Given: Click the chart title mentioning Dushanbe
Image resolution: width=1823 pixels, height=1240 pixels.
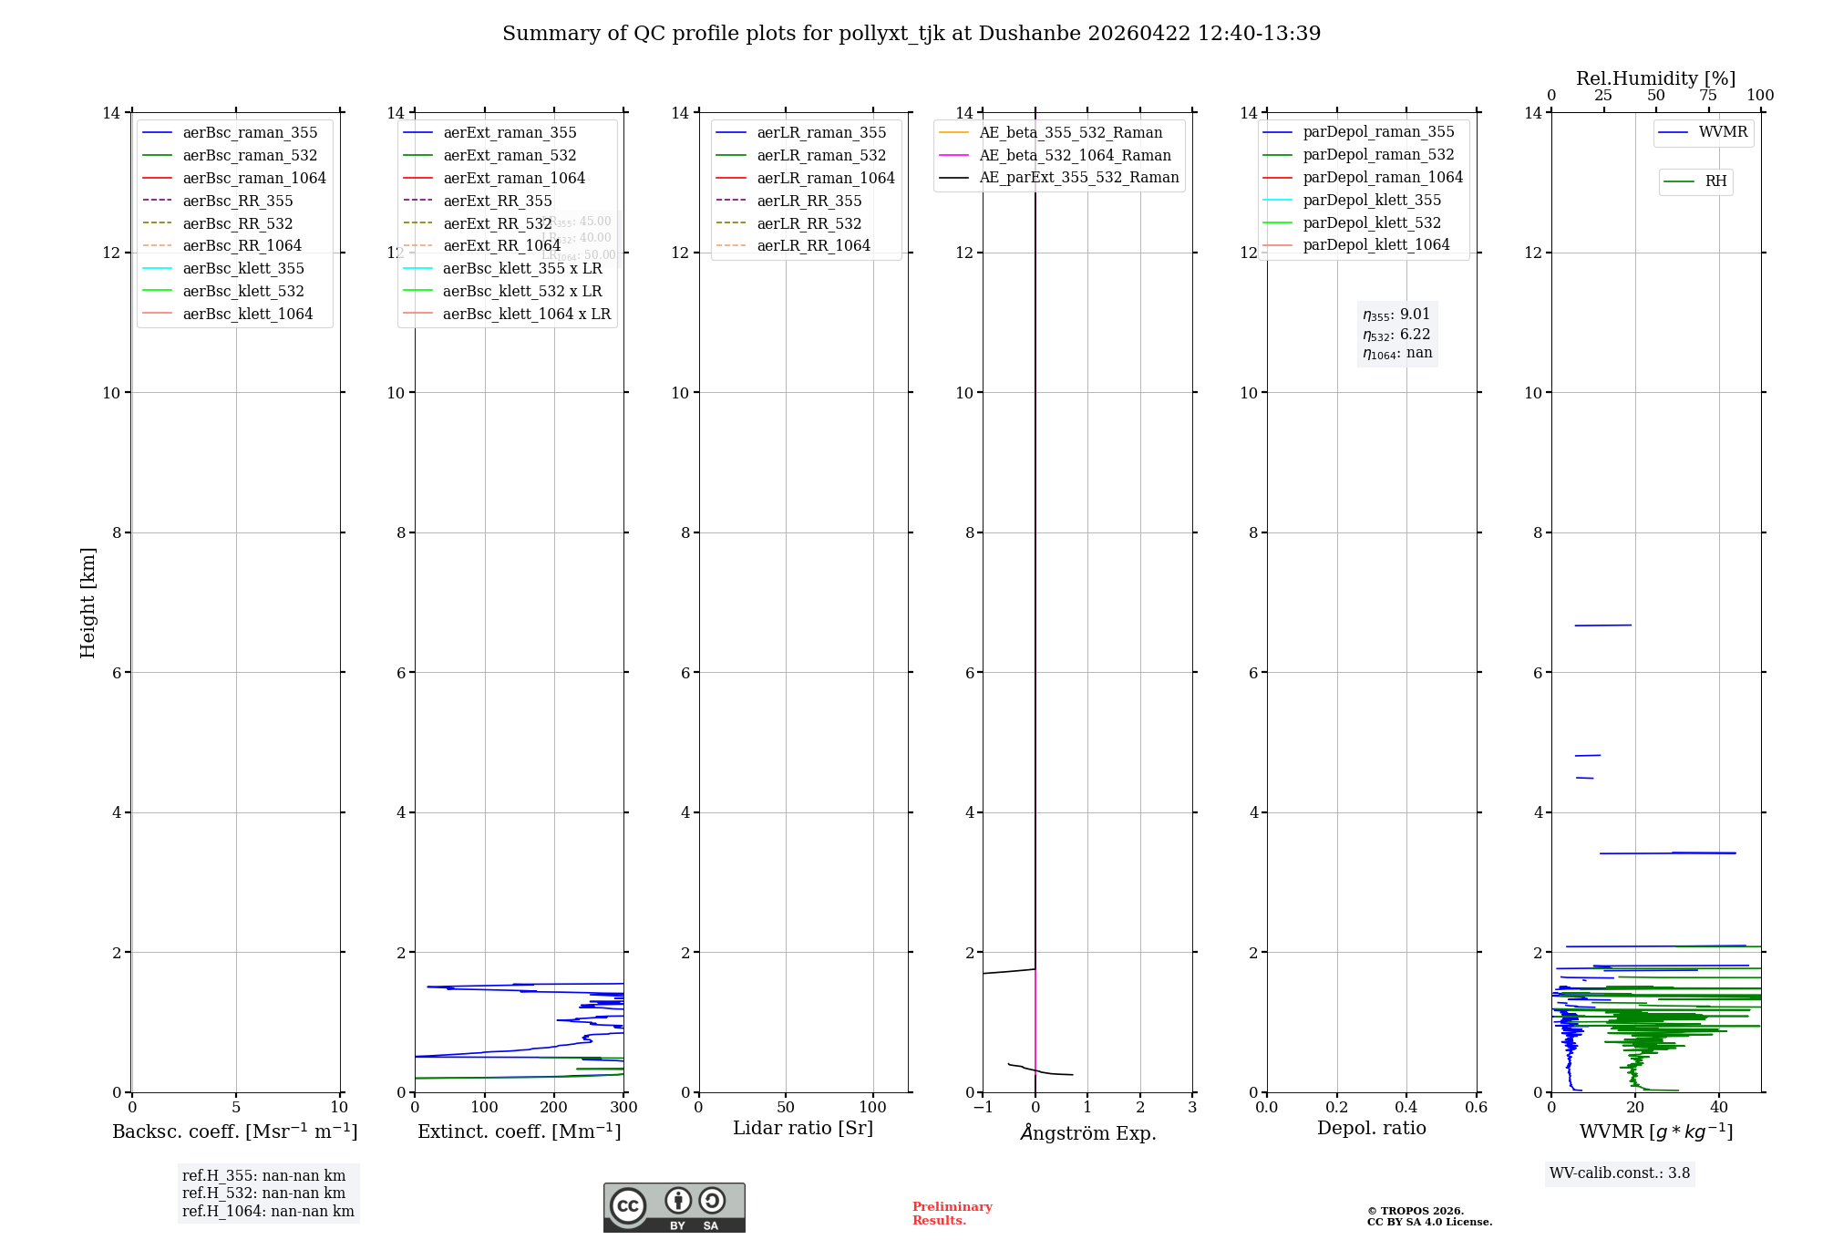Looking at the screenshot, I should click(x=911, y=34).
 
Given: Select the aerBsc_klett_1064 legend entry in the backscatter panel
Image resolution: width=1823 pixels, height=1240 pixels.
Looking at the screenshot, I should click(x=247, y=314).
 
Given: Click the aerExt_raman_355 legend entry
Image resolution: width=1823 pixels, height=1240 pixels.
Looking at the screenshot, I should click(x=510, y=133).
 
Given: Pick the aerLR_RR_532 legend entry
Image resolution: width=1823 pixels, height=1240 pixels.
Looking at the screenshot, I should click(x=809, y=223).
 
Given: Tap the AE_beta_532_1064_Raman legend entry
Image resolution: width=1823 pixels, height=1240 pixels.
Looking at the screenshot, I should click(x=1075, y=155).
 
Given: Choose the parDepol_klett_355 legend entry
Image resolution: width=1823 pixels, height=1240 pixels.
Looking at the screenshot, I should click(x=1372, y=200).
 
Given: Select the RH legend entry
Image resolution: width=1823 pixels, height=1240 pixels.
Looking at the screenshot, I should click(x=1715, y=181).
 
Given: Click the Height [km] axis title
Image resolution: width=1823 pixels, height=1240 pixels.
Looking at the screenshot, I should click(x=88, y=603).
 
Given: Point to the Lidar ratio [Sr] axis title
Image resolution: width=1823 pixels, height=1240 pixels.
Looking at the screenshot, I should click(x=803, y=1128).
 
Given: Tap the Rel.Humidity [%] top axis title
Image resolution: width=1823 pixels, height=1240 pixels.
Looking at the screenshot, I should click(x=1655, y=78).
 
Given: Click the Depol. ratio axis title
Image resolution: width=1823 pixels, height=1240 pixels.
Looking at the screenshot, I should click(x=1371, y=1128).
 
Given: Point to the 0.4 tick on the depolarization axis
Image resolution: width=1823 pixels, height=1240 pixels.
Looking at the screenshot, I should click(x=1406, y=1107).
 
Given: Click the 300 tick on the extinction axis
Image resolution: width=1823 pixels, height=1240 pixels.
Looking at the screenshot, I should click(x=623, y=1107).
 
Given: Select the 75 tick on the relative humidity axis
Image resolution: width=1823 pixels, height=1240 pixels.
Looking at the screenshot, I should click(x=1708, y=96).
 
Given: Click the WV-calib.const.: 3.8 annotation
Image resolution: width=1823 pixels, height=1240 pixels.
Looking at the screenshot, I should click(x=1620, y=1173).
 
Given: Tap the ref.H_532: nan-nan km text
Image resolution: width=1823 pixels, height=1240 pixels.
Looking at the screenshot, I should click(x=263, y=1193).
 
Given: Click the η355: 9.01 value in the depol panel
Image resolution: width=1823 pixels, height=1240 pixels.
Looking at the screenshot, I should click(x=1396, y=315).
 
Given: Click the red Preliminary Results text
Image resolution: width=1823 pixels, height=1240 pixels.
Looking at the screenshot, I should click(x=952, y=1214).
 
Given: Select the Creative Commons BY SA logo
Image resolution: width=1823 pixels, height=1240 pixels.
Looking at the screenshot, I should click(x=674, y=1207).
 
